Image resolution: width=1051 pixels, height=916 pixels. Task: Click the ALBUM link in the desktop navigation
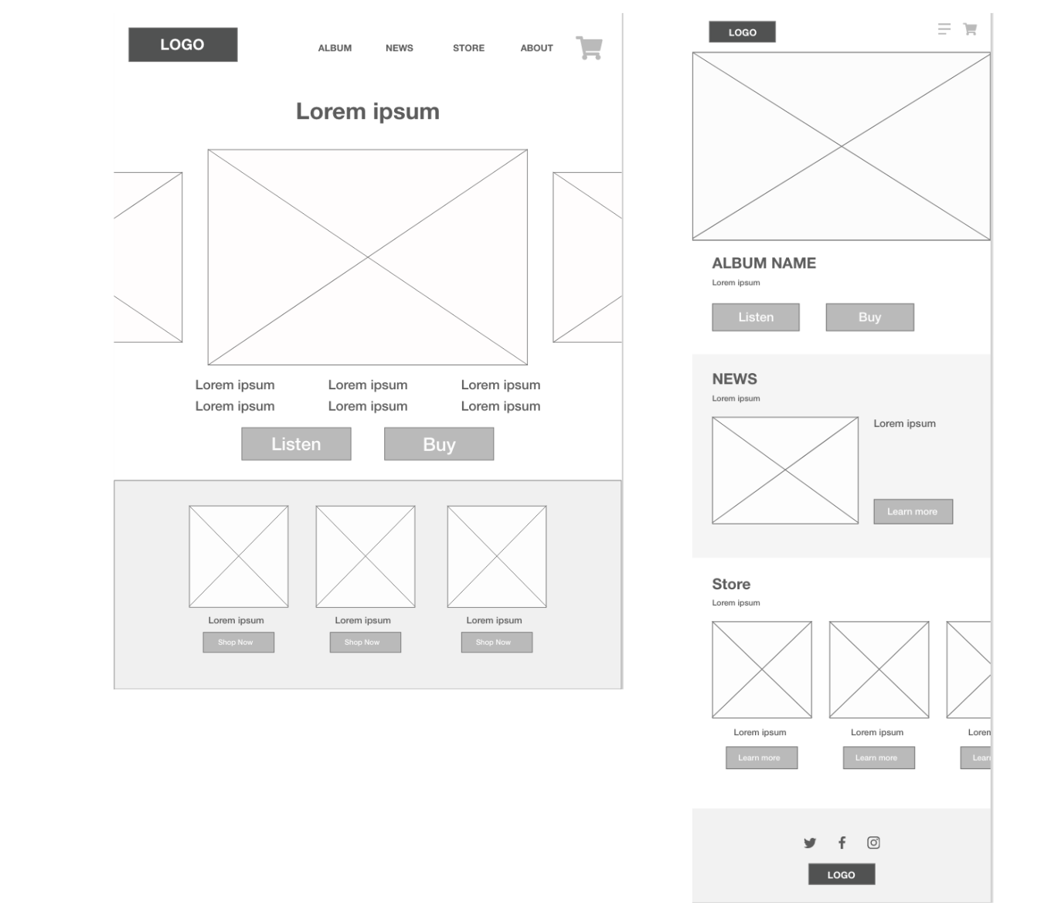pos(335,48)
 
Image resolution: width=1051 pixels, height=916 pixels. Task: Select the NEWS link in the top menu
pos(399,48)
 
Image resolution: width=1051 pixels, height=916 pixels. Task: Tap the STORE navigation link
pos(468,48)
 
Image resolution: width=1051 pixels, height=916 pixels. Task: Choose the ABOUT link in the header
pos(536,48)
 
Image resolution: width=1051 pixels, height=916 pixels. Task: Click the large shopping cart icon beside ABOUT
pos(590,48)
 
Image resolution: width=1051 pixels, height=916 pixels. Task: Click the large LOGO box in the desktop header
pos(182,45)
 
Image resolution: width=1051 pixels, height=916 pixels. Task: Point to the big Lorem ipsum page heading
pos(368,111)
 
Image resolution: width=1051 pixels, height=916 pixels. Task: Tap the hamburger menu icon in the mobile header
pos(944,29)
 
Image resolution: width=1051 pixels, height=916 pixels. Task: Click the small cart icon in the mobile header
pos(970,29)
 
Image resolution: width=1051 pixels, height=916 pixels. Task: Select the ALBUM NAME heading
pos(764,263)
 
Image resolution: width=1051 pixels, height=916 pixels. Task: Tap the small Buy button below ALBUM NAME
pos(869,317)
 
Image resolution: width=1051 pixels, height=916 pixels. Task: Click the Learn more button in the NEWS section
pos(913,511)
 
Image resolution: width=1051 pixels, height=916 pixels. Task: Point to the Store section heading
pos(731,584)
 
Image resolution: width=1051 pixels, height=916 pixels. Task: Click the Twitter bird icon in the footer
pos(810,843)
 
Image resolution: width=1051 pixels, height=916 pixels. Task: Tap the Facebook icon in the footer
pos(842,843)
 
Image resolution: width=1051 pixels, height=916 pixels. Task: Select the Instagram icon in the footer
pos(873,843)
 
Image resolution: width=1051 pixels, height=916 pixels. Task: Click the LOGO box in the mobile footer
pos(842,874)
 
